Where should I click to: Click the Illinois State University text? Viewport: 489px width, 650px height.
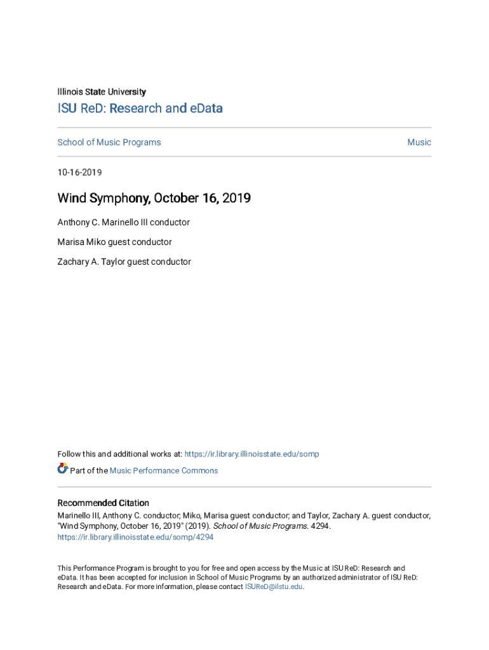[x=102, y=91]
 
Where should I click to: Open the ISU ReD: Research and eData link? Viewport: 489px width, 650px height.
[x=140, y=109]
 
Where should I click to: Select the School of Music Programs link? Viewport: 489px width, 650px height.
[x=109, y=142]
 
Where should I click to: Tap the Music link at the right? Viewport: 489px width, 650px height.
[x=419, y=142]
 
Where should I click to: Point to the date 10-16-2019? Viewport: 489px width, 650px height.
[x=79, y=173]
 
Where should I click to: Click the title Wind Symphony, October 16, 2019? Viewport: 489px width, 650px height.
[x=154, y=198]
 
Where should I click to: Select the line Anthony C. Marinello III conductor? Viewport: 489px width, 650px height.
[x=124, y=222]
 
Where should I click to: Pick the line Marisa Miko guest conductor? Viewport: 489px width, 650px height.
[x=115, y=242]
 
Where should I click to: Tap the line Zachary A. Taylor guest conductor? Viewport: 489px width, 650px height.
[x=124, y=262]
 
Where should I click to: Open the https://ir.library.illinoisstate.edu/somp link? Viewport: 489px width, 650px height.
[x=251, y=454]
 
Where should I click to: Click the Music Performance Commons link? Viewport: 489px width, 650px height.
[x=164, y=470]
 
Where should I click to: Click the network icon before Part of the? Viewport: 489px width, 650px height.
[x=62, y=469]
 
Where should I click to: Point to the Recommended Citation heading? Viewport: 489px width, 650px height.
[x=104, y=503]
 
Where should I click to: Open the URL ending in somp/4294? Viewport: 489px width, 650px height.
[x=135, y=537]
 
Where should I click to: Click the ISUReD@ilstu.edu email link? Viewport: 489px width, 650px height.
[x=274, y=587]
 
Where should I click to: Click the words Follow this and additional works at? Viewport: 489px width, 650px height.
[x=119, y=454]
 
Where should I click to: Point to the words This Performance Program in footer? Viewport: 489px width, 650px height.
[x=95, y=568]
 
